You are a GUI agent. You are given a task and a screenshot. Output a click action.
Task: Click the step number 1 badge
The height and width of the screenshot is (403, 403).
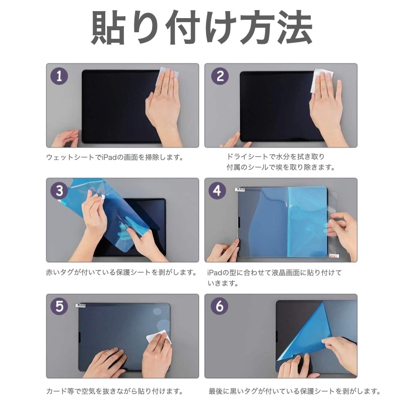click(59, 77)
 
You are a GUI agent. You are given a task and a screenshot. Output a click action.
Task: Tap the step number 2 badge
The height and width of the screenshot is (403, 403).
click(220, 77)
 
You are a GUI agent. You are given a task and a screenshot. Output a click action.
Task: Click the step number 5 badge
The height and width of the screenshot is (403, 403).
click(59, 306)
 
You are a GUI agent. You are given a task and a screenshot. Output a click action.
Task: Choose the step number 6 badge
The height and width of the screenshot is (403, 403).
click(220, 306)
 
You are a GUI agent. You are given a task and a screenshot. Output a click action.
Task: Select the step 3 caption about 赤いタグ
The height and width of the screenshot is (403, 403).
click(121, 272)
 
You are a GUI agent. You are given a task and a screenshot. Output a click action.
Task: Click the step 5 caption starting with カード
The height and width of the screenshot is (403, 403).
click(114, 391)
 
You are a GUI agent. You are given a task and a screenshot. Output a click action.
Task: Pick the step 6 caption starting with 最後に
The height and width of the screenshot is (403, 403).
click(294, 391)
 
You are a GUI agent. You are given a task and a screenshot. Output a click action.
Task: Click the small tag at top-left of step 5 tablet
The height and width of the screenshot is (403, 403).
click(81, 305)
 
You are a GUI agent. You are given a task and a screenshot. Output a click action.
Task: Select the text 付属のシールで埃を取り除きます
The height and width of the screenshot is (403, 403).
click(281, 167)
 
